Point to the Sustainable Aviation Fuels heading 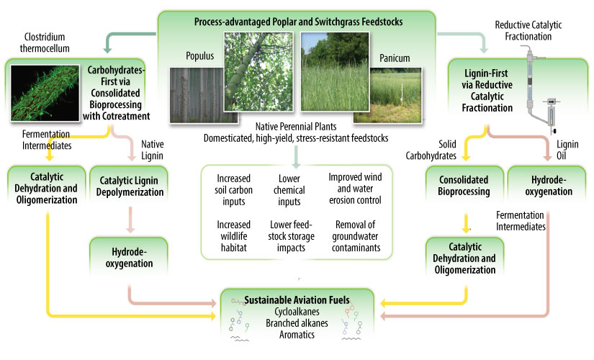[297, 299]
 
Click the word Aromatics [297, 336]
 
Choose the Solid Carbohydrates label [440, 149]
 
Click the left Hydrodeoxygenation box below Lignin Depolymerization [128, 258]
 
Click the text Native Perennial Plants [297, 127]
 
